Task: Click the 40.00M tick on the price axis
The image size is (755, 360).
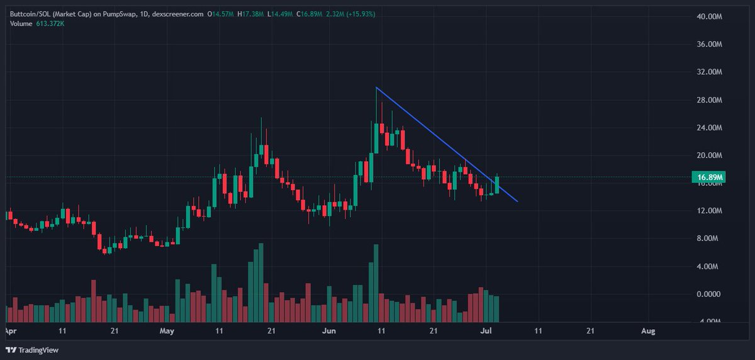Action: (709, 16)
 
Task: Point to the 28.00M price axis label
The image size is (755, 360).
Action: (709, 100)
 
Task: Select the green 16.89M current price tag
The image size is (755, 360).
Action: (708, 177)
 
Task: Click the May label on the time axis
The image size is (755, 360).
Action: (167, 330)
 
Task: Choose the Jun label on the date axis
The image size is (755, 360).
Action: (329, 330)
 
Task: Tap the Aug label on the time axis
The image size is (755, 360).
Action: (648, 330)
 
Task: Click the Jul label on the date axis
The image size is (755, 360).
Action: (486, 330)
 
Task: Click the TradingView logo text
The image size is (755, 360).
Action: (38, 350)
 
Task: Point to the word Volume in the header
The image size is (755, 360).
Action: (21, 23)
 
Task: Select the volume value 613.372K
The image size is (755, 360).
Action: (50, 23)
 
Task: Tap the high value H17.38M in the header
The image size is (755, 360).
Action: (250, 14)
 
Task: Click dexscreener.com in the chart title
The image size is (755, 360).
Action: (177, 14)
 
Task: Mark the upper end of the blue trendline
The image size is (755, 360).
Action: (376, 87)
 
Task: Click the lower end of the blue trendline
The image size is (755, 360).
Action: (517, 201)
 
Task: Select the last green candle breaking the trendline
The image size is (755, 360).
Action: (497, 184)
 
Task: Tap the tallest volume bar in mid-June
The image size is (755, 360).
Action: (376, 283)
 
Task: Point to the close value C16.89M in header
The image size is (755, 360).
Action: (309, 14)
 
